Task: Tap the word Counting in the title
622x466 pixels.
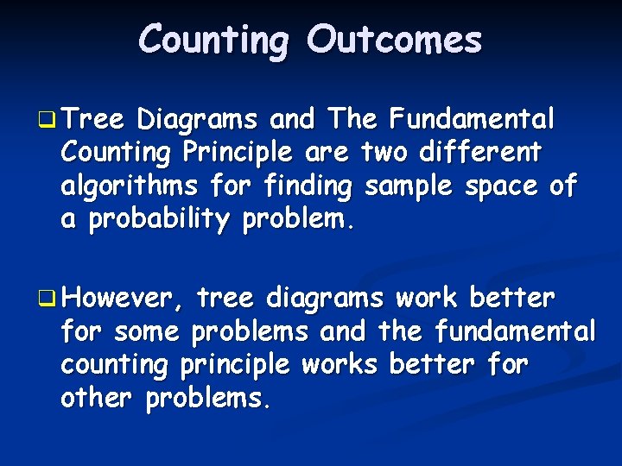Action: (x=211, y=40)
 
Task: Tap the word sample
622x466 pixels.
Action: (x=409, y=186)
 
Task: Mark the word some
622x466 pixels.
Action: (x=147, y=332)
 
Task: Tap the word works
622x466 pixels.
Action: (x=340, y=366)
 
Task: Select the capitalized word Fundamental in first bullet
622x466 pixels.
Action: (x=473, y=118)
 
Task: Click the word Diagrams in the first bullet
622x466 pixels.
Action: (x=199, y=118)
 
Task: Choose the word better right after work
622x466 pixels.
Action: (x=511, y=299)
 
